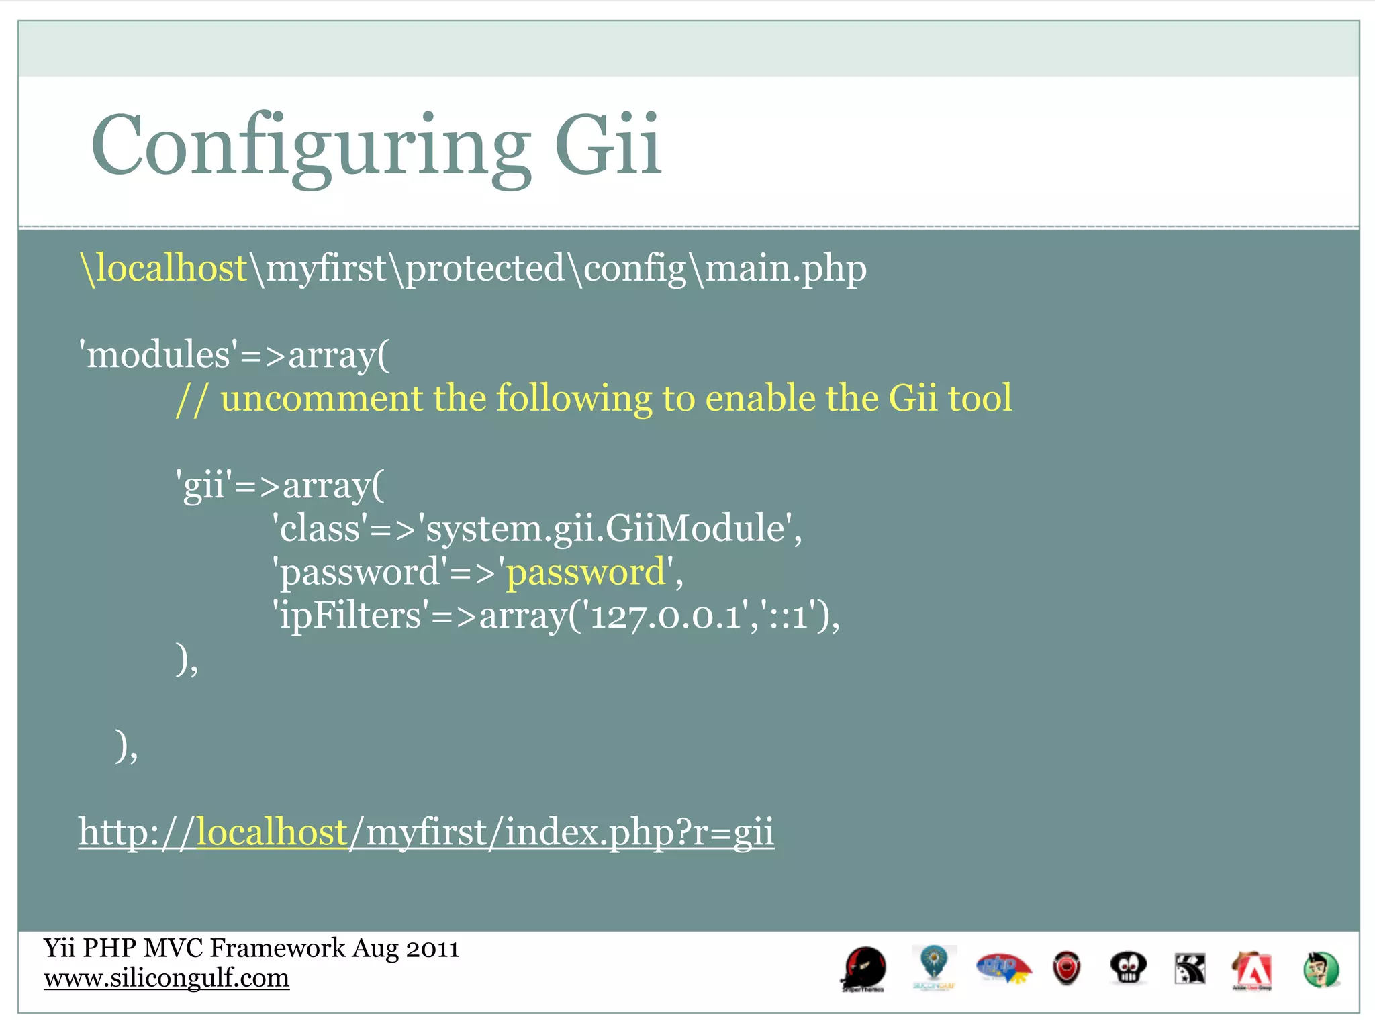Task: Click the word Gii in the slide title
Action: (608, 145)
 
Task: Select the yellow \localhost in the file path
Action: (164, 268)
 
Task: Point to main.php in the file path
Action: (786, 268)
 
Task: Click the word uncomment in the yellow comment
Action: (321, 398)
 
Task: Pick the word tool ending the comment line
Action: (980, 398)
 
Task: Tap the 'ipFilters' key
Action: (350, 616)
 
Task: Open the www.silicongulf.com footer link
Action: (167, 978)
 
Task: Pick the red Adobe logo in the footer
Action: (1251, 970)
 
